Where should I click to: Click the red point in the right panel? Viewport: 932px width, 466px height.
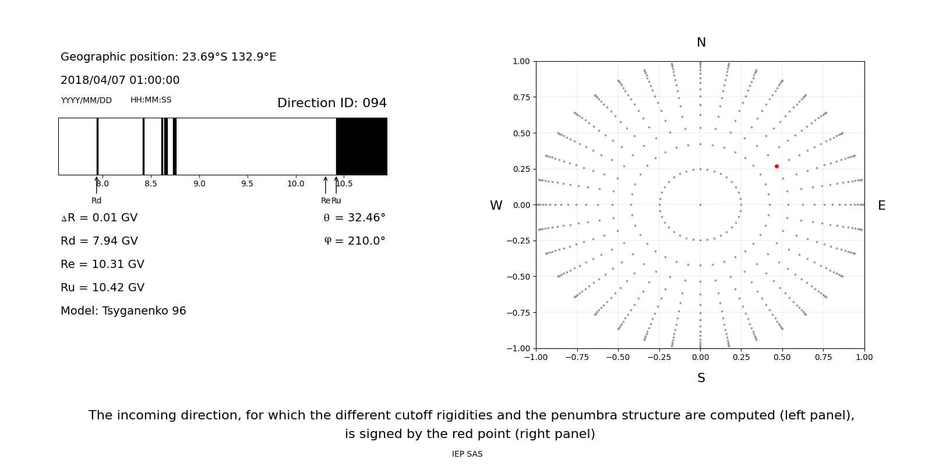pyautogui.click(x=776, y=167)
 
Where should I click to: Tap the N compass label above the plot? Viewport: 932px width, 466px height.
pyautogui.click(x=701, y=43)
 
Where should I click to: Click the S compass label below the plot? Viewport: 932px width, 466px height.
pyautogui.click(x=701, y=378)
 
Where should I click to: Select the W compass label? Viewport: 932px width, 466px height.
pyautogui.click(x=496, y=206)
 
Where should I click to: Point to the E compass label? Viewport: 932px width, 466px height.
pyautogui.click(x=881, y=206)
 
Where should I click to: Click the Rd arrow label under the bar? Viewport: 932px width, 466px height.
pyautogui.click(x=97, y=200)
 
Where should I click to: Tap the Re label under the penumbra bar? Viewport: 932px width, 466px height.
pyautogui.click(x=326, y=200)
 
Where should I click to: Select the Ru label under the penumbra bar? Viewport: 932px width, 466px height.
pyautogui.click(x=336, y=200)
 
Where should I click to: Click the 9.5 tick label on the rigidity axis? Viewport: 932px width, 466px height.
pyautogui.click(x=247, y=184)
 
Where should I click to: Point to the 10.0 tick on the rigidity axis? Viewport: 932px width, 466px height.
pyautogui.click(x=295, y=184)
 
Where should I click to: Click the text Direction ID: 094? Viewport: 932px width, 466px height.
pyautogui.click(x=331, y=103)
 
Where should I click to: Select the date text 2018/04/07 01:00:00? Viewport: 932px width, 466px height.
pyautogui.click(x=120, y=80)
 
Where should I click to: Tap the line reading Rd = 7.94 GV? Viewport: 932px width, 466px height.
pyautogui.click(x=99, y=241)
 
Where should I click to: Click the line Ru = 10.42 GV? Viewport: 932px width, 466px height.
pyautogui.click(x=103, y=288)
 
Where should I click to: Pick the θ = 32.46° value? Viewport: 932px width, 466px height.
pyautogui.click(x=354, y=218)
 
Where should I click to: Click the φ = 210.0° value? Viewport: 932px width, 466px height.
pyautogui.click(x=354, y=241)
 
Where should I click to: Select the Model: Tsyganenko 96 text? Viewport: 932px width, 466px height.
pyautogui.click(x=123, y=311)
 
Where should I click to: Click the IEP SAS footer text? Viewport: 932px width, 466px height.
pyautogui.click(x=467, y=454)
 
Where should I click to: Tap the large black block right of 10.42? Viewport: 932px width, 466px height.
pyautogui.click(x=362, y=146)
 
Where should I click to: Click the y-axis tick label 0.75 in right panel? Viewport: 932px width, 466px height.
pyautogui.click(x=521, y=97)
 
